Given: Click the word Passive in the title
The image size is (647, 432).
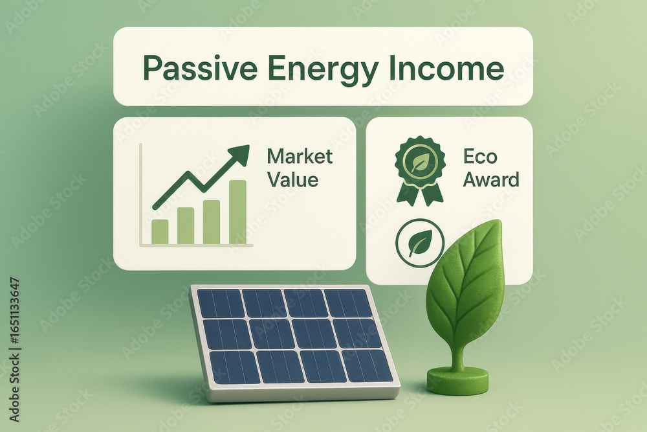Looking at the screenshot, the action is click(200, 68).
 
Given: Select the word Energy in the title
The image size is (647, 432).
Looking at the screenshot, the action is click(323, 70).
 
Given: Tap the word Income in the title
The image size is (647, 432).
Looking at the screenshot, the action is click(446, 68).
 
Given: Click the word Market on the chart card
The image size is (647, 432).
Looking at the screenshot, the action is click(300, 157).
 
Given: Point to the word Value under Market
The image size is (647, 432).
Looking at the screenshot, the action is click(292, 180).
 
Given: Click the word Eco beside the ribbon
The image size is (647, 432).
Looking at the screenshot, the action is click(480, 157).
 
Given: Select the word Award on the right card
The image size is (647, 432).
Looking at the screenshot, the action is click(490, 180).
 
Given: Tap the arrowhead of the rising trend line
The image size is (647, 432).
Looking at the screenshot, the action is click(240, 154).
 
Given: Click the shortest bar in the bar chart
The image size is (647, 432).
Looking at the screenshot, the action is click(160, 232).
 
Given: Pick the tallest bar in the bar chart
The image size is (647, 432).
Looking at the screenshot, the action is click(237, 212).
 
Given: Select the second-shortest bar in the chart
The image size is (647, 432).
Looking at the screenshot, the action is click(186, 226).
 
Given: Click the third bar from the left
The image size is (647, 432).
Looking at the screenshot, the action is click(212, 222).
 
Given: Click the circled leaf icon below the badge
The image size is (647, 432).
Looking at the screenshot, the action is click(420, 243).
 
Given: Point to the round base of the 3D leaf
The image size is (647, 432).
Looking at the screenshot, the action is click(457, 380).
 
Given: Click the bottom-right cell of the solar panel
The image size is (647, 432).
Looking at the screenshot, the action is click(367, 366).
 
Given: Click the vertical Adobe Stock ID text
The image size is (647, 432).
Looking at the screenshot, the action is click(14, 349).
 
